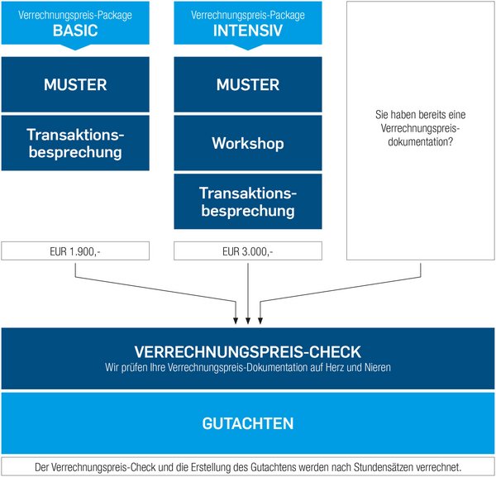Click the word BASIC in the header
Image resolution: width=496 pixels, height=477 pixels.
point(75,31)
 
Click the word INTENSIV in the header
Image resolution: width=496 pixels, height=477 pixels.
point(248,31)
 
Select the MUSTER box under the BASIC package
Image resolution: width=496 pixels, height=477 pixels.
point(75,84)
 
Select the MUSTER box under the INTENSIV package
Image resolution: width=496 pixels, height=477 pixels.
point(248,84)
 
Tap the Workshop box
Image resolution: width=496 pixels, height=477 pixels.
point(248,143)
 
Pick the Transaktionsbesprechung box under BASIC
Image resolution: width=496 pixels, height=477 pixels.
point(75,143)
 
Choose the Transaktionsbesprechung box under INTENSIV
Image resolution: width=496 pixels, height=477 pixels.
point(248,202)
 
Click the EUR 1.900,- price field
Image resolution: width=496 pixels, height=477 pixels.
point(75,251)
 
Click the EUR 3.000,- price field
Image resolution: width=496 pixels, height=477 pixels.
point(248,251)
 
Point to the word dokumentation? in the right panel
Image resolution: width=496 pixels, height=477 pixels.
point(421,141)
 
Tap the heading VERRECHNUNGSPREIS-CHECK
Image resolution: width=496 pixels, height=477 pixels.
point(248,351)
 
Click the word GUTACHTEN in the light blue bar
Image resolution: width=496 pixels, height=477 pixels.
point(248,423)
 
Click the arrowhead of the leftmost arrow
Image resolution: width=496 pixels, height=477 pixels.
point(236,320)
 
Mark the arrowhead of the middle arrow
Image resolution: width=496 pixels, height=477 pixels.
point(248,320)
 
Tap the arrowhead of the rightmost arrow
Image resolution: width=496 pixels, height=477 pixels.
point(260,320)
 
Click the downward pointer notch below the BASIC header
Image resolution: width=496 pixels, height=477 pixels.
point(75,47)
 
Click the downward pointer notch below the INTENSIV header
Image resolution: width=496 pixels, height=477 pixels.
point(248,47)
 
